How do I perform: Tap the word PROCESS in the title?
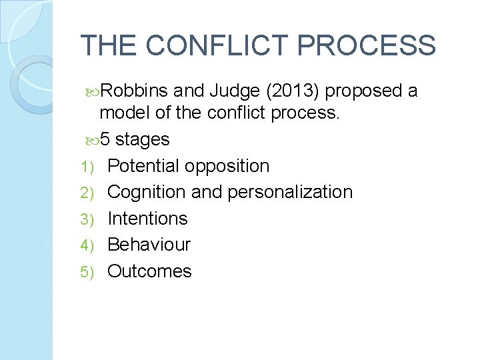[366, 45]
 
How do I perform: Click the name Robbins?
[135, 91]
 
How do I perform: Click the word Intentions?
[147, 219]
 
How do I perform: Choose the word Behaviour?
[149, 245]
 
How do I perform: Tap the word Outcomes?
[149, 271]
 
